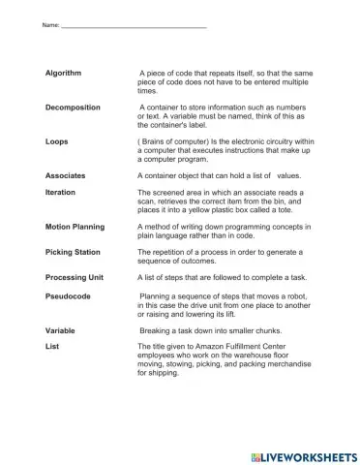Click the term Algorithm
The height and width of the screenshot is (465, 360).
point(64,74)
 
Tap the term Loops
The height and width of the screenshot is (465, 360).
point(57,141)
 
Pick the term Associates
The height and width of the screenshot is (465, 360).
point(66,176)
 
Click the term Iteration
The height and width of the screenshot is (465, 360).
point(61,193)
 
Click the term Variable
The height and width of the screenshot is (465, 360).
point(60,330)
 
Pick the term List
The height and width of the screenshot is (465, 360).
point(52,346)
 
